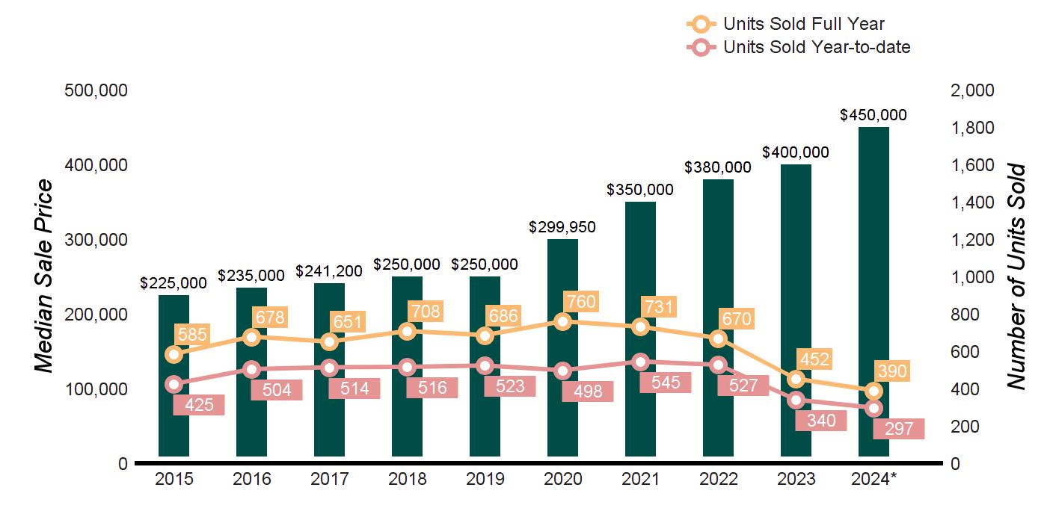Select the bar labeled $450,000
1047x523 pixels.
(873, 291)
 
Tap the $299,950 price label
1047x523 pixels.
(562, 227)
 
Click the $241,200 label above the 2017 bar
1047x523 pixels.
(329, 270)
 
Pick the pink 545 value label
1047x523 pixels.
(666, 383)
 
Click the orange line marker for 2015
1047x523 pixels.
(174, 354)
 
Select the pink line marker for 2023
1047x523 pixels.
(796, 400)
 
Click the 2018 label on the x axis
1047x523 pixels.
(407, 479)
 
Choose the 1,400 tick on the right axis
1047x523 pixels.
(973, 202)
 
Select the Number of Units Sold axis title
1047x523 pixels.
(1015, 276)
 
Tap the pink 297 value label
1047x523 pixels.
(899, 429)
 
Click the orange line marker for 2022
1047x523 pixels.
(718, 338)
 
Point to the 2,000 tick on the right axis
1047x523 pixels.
(973, 90)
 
